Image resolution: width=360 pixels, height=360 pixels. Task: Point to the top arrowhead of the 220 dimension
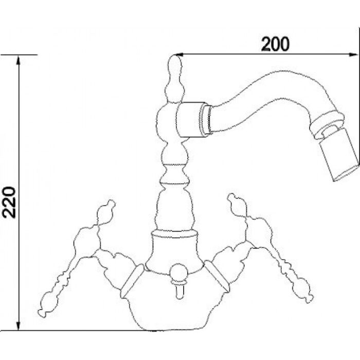(x=19, y=60)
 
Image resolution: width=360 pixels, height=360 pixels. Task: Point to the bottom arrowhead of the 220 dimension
(x=19, y=326)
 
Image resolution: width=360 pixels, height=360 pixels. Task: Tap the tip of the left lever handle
(x=42, y=313)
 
